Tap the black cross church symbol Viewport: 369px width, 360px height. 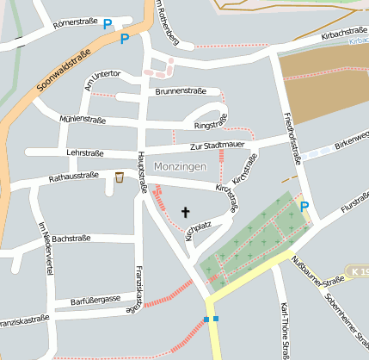185,211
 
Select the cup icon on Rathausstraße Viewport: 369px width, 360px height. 120,177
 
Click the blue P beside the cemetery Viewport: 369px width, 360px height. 304,206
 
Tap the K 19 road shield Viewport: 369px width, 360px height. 359,271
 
